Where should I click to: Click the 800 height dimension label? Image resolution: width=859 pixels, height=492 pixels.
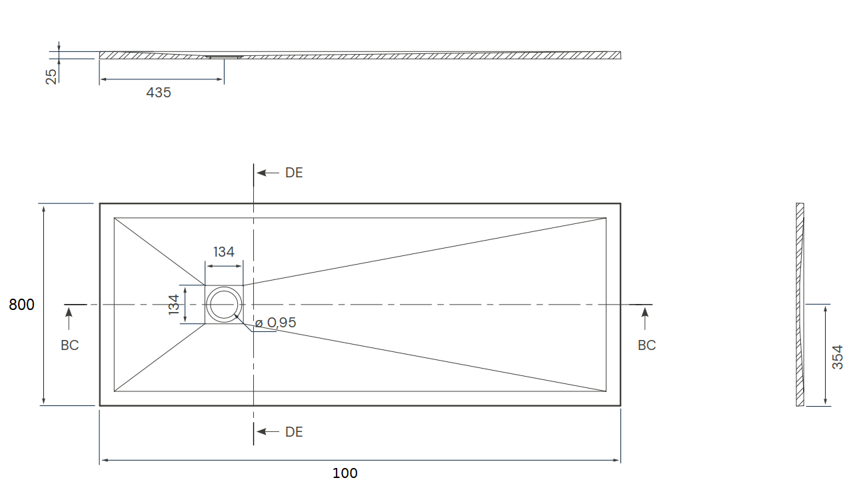(21, 305)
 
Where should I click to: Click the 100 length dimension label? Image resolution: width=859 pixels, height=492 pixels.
(345, 473)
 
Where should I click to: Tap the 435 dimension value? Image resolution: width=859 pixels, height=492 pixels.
(159, 93)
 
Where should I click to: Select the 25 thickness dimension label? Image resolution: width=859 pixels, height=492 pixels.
(51, 77)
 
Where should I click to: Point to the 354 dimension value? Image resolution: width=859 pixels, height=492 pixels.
(838, 357)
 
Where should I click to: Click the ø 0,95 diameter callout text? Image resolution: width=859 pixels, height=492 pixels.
(276, 323)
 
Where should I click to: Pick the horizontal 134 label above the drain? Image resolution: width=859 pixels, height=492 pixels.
(223, 252)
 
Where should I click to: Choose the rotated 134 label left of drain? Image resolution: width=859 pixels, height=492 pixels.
(174, 305)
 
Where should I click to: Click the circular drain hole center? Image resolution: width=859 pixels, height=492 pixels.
(224, 305)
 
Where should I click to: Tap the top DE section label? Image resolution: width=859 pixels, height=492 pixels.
(294, 173)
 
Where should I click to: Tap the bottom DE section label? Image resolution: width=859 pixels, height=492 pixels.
(294, 432)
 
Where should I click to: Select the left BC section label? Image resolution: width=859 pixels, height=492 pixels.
(70, 345)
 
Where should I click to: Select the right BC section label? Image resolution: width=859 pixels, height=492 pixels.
(647, 345)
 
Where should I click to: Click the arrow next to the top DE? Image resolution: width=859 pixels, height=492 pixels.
(268, 173)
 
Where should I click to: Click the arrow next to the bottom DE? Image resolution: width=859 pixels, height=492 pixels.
(268, 432)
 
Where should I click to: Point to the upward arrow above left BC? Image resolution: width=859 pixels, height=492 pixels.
(69, 319)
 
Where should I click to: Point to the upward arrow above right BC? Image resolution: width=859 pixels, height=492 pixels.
(645, 319)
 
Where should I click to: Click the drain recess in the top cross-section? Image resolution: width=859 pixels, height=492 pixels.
(225, 57)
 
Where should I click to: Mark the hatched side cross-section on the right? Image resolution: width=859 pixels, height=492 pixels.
(800, 305)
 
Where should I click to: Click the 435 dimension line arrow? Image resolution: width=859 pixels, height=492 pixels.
(161, 79)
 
